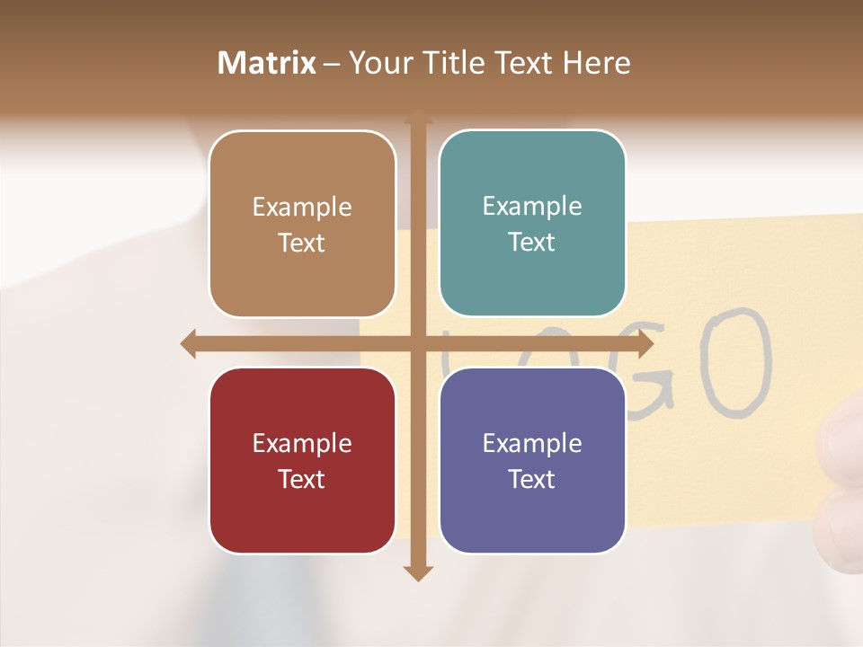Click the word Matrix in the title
tap(267, 63)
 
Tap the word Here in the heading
tap(596, 63)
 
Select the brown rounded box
tap(302, 224)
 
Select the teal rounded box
tap(532, 223)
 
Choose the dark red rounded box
tap(302, 460)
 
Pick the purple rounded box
tap(532, 460)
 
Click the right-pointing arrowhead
tap(645, 344)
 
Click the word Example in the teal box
tap(532, 206)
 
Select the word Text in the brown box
tap(302, 243)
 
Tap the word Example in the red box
tap(302, 443)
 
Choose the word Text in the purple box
tap(532, 479)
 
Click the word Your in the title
tap(382, 63)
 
